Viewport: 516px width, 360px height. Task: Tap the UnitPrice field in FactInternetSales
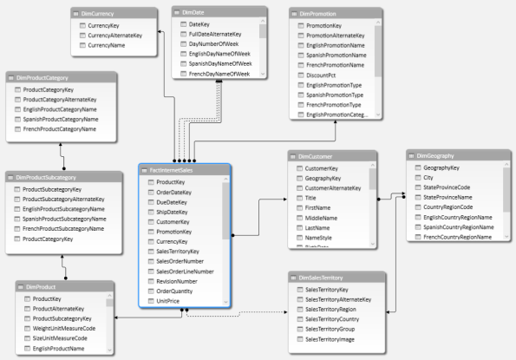[x=171, y=301]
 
